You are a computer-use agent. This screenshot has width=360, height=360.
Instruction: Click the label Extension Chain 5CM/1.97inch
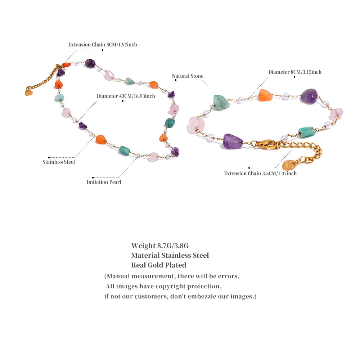[x=103, y=45]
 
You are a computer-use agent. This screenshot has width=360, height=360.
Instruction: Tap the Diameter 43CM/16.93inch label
[x=126, y=96]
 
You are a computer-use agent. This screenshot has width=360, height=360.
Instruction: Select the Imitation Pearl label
[x=104, y=182]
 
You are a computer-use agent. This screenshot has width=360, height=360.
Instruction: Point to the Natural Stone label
[x=188, y=76]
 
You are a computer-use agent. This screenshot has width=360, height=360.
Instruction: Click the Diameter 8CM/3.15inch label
[x=295, y=72]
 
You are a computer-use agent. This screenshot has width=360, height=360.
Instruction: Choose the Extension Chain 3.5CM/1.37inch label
[x=260, y=174]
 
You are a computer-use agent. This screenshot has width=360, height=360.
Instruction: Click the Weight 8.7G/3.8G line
[x=160, y=246]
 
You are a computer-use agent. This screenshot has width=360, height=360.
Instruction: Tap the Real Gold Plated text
[x=159, y=265]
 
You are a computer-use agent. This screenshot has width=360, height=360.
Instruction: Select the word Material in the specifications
[x=145, y=256]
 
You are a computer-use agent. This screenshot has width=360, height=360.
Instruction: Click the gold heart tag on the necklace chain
[x=28, y=93]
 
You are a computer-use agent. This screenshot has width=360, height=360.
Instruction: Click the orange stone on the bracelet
[x=265, y=95]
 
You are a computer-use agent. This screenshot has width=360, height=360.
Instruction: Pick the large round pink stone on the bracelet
[x=196, y=124]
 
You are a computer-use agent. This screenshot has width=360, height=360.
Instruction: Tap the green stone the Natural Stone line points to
[x=221, y=102]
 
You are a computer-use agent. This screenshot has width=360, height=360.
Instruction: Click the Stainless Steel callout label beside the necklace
[x=59, y=162]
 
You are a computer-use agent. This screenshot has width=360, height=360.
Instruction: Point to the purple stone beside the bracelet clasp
[x=233, y=141]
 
